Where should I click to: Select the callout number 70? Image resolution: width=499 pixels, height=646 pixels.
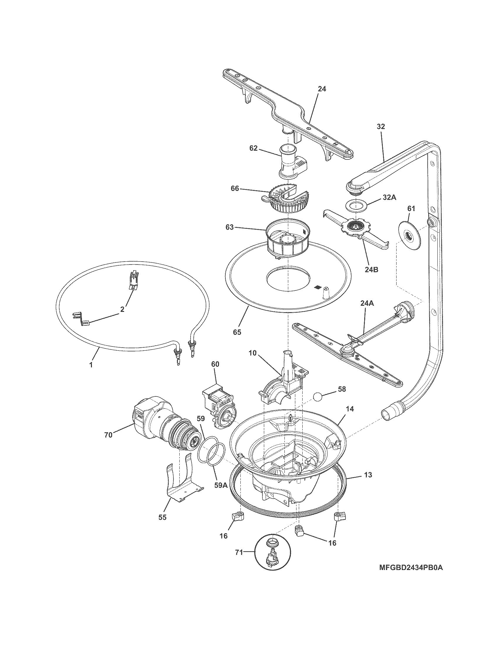[x=109, y=435]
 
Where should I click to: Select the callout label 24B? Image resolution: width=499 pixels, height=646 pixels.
[x=371, y=270]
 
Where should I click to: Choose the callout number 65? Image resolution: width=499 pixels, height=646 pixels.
[x=237, y=332]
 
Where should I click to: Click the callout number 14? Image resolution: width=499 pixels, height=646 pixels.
[x=350, y=409]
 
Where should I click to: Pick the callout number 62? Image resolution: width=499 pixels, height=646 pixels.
[x=253, y=149]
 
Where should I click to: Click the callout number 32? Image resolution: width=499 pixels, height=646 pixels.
[x=381, y=126]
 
